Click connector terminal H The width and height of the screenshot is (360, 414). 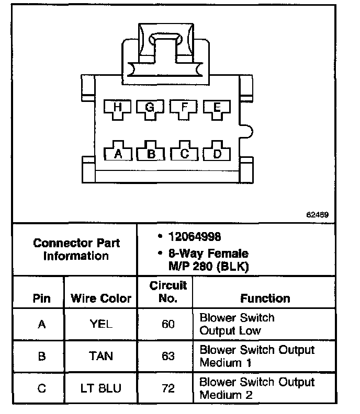pos(117,108)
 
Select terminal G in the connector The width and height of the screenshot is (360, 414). pos(150,108)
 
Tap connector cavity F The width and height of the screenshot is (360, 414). pos(183,108)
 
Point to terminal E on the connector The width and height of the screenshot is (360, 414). pos(216,108)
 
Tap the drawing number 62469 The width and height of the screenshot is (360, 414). pos(318,215)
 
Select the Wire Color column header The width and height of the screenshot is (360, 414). pos(101,298)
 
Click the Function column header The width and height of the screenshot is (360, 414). pos(265,298)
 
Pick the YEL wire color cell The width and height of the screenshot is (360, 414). pos(101,324)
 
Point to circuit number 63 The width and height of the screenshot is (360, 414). pos(168,356)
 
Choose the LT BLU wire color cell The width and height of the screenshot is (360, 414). pos(101,388)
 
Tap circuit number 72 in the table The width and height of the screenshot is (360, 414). pos(168,388)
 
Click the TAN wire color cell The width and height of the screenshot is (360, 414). pos(101,356)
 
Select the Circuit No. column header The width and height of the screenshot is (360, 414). pos(168,292)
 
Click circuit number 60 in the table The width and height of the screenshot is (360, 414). pos(168,324)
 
